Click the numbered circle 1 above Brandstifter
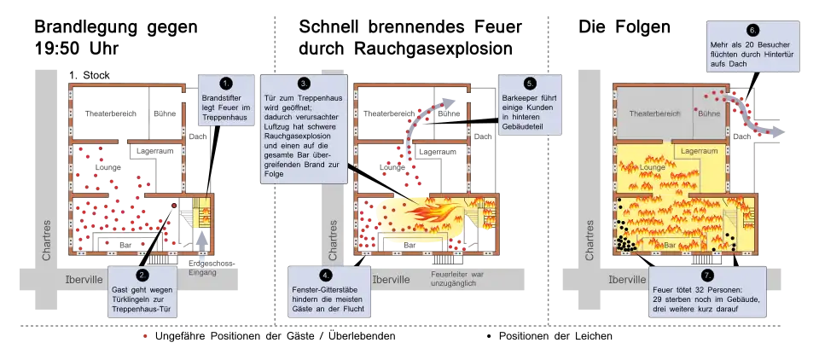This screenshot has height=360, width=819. [226, 83]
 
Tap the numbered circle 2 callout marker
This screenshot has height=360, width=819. [142, 275]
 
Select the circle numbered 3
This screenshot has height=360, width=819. [304, 83]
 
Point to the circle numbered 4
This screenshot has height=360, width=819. [325, 275]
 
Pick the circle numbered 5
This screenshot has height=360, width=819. [530, 83]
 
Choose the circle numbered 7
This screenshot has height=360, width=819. [706, 275]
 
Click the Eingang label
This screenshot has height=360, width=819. [202, 273]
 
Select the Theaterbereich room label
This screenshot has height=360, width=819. [653, 113]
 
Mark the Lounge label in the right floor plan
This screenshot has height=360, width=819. [653, 167]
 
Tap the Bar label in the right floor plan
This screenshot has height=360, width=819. [670, 245]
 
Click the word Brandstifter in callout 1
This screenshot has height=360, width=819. [226, 98]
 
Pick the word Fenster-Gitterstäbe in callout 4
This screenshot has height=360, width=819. [324, 292]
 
